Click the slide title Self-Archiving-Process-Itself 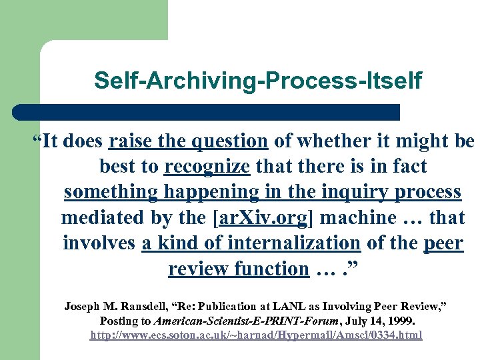[x=257, y=81]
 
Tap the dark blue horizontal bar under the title [x=207, y=112]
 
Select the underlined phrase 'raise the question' [x=188, y=141]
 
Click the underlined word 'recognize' [x=207, y=167]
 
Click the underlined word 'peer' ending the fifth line [x=443, y=243]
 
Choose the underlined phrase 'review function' [x=238, y=269]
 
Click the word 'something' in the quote [x=110, y=192]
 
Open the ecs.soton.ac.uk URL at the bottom [x=257, y=335]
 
